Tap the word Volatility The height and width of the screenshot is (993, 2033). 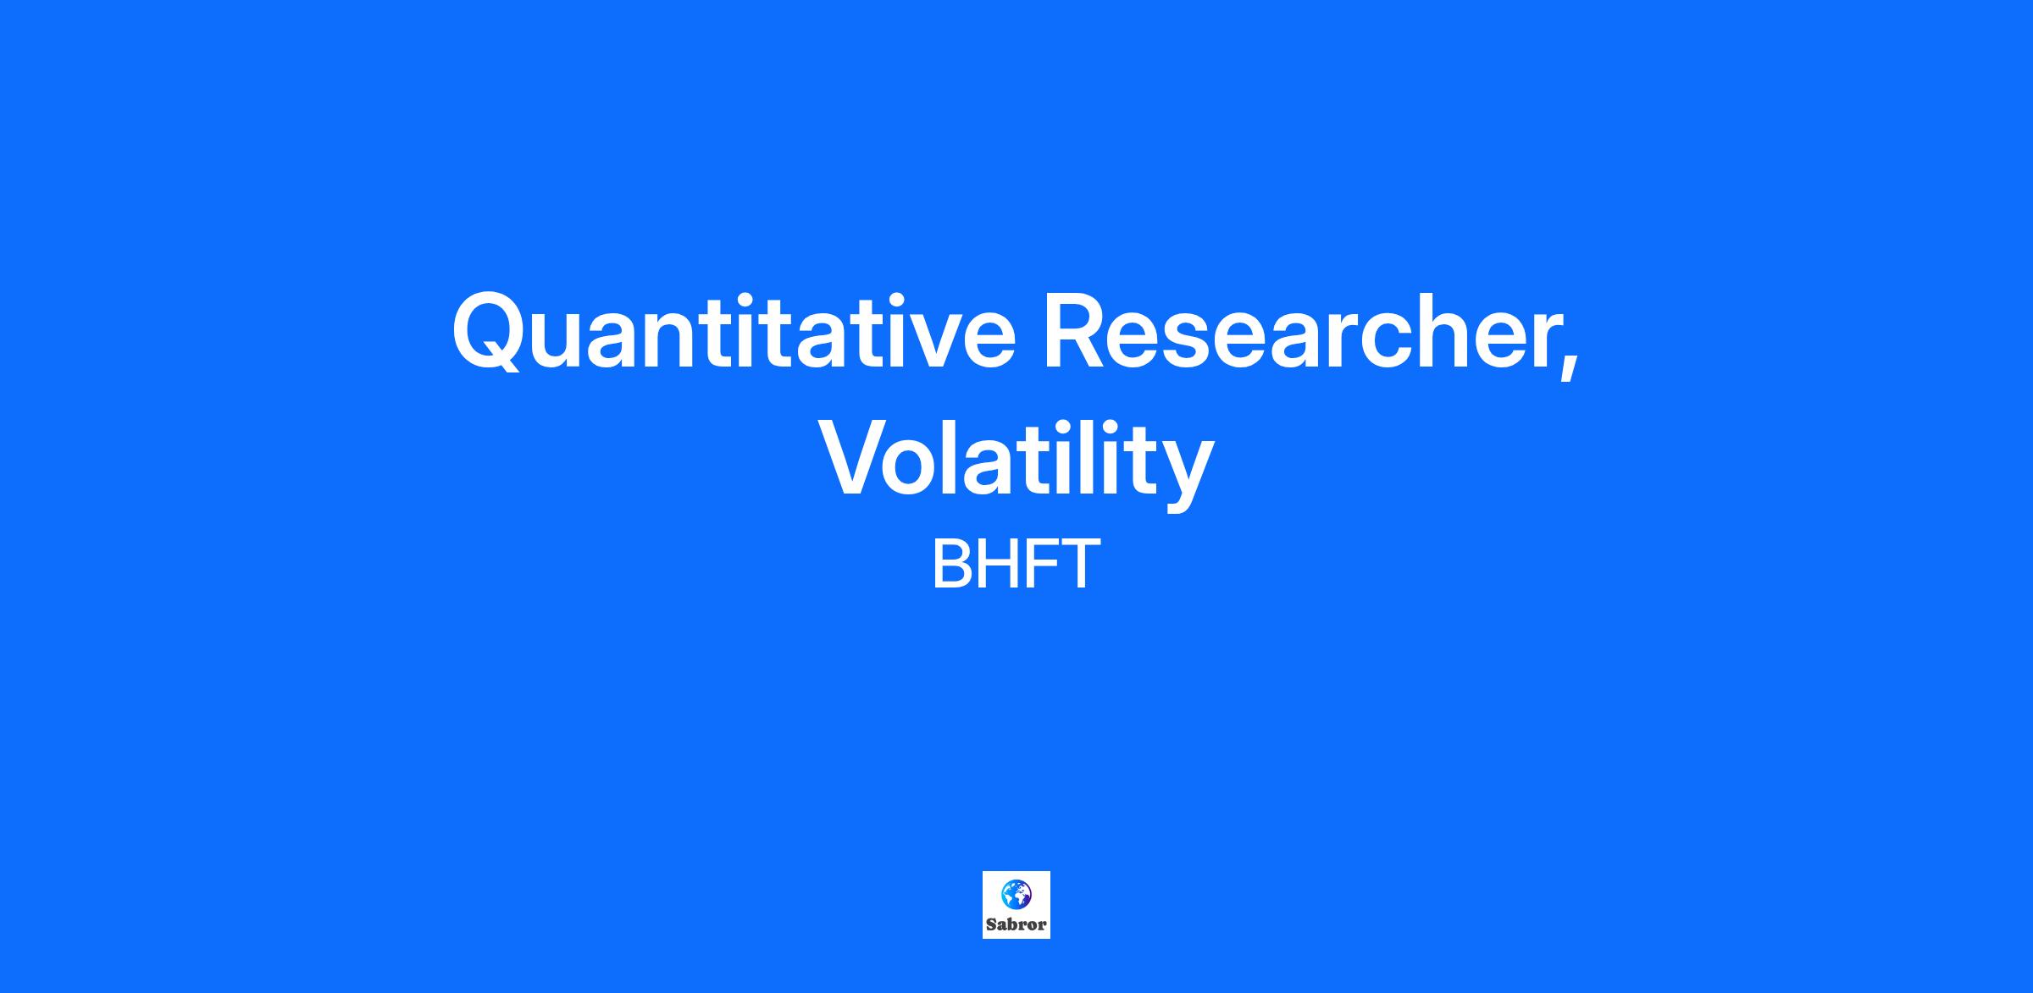(x=1016, y=462)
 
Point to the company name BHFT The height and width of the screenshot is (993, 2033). (x=1016, y=565)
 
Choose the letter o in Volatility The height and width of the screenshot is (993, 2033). (x=917, y=467)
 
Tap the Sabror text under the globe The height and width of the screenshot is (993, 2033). (x=1016, y=924)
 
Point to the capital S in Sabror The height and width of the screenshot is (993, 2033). (x=991, y=924)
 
